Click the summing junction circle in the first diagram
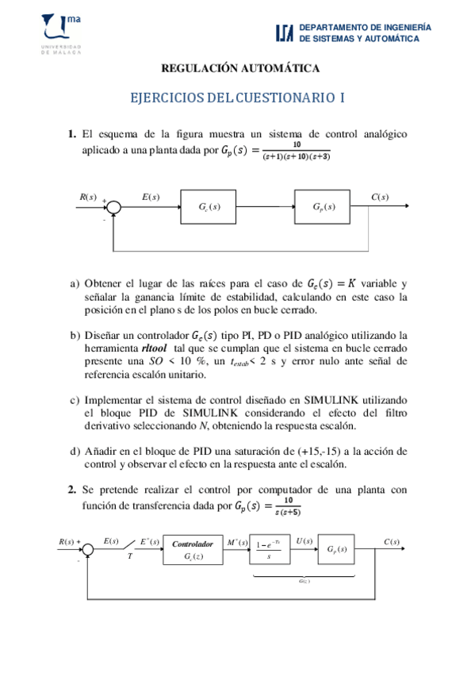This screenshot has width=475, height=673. [x=116, y=207]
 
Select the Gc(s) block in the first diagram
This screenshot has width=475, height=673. [x=210, y=208]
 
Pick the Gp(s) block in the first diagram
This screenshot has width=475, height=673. [x=324, y=208]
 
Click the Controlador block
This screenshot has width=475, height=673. [x=193, y=549]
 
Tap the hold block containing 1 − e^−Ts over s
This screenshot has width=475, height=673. [x=271, y=549]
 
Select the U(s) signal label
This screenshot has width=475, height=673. [x=305, y=542]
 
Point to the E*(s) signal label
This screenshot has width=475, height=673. [x=150, y=542]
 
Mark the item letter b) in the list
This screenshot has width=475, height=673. [x=75, y=335]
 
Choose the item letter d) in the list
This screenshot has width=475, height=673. [x=75, y=451]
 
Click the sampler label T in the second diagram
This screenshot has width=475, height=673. [x=129, y=556]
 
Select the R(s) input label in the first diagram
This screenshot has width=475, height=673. [x=88, y=197]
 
